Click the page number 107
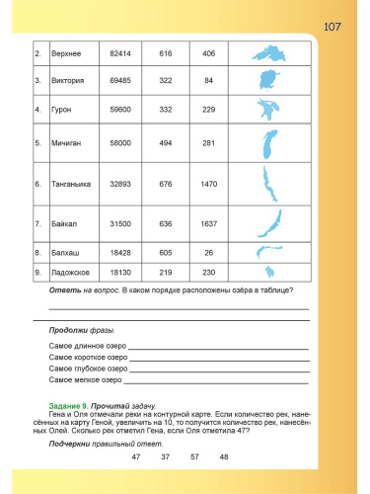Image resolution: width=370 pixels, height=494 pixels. point(333,27)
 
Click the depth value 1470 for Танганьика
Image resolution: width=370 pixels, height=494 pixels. point(208,184)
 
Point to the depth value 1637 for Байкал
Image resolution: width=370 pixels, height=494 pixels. point(208,223)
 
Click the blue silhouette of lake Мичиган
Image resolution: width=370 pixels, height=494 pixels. point(266,144)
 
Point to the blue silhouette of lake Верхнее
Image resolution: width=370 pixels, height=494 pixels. point(265,51)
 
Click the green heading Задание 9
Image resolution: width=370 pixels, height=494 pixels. point(69,406)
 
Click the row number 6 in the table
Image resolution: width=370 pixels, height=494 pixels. point(37,184)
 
